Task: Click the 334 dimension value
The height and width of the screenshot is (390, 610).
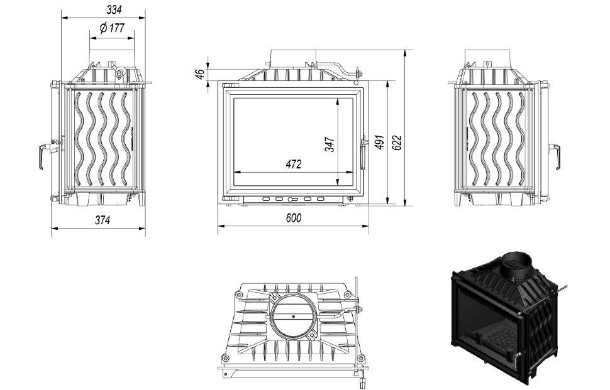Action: [113, 9]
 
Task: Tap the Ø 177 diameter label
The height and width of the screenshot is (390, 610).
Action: [111, 28]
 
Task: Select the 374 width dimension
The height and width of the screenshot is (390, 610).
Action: [103, 220]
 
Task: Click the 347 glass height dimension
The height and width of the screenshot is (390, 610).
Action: [330, 144]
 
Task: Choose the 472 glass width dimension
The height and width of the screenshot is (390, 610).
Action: [294, 165]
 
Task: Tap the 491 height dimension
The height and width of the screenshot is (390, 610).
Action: [379, 142]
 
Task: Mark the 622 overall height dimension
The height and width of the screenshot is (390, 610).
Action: [397, 143]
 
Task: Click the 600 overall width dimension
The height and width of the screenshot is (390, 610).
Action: [293, 219]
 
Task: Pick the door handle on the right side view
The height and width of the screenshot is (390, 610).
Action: [555, 156]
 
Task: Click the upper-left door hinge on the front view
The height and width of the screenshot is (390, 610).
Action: [229, 85]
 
